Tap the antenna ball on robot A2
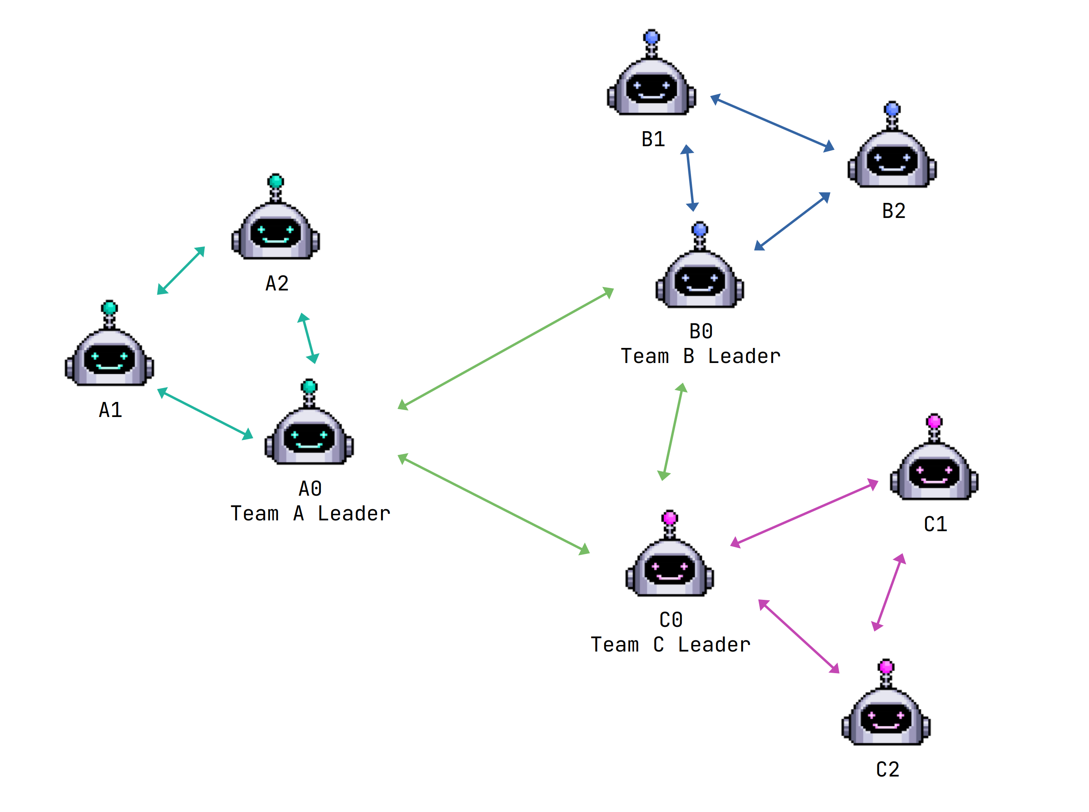276,181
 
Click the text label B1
653,140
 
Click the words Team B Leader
700,356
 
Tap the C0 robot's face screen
669,569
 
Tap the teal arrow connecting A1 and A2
180,271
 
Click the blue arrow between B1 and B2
772,122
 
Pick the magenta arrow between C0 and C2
799,636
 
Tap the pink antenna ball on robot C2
885,667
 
